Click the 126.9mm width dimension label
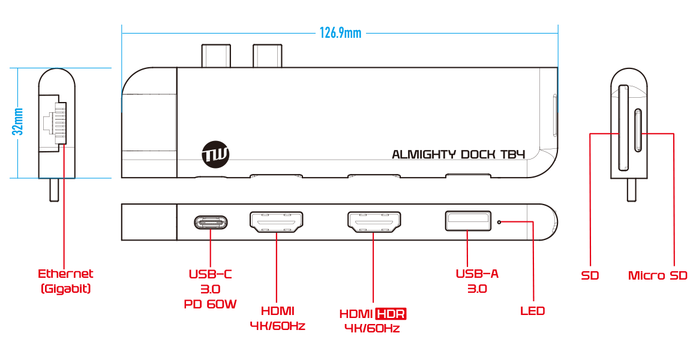(x=340, y=33)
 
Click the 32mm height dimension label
(x=18, y=121)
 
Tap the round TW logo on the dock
(x=215, y=154)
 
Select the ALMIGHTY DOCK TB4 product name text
(x=458, y=154)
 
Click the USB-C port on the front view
(x=211, y=222)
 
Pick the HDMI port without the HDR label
(x=277, y=221)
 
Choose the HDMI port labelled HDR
(x=374, y=221)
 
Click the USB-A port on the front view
(x=468, y=221)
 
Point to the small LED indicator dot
(x=500, y=221)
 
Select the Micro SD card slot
(x=638, y=130)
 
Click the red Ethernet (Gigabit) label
(x=65, y=281)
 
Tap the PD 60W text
(x=211, y=305)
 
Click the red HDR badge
(x=391, y=314)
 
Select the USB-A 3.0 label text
(x=477, y=281)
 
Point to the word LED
(x=532, y=311)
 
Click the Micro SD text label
(x=658, y=275)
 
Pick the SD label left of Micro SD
(x=590, y=275)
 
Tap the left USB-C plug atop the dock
(x=216, y=55)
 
